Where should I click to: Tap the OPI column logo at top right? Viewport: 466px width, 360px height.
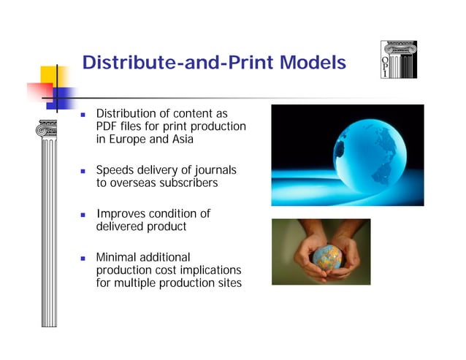pos(399,59)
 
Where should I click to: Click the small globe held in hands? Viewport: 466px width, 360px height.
pos(327,257)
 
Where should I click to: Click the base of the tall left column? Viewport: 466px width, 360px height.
pos(50,321)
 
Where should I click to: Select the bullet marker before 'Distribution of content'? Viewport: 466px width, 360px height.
pos(85,115)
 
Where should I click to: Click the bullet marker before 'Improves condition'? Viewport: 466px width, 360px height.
pos(85,215)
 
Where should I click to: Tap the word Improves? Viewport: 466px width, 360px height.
pos(121,214)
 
